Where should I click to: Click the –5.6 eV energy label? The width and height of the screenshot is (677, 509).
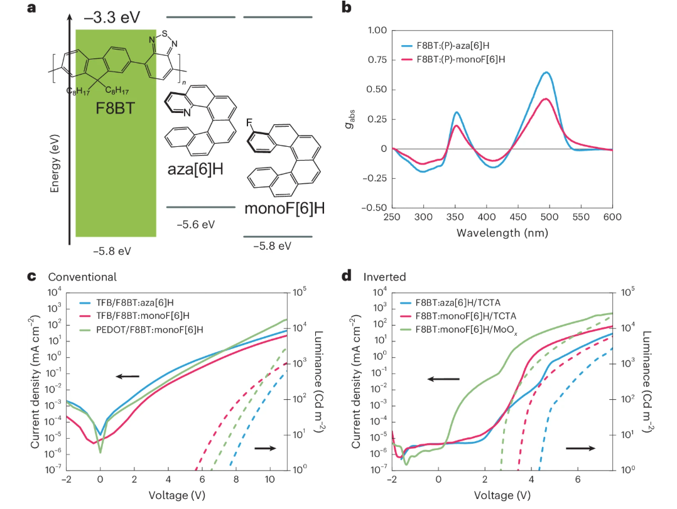click(196, 224)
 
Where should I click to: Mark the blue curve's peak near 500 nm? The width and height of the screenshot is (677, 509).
click(546, 72)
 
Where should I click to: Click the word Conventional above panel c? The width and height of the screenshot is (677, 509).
click(82, 276)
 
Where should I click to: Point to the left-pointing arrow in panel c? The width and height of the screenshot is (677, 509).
click(127, 377)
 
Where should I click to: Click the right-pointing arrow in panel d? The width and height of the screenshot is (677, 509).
click(581, 448)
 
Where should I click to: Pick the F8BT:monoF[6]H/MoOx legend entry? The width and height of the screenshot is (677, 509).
click(477, 330)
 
